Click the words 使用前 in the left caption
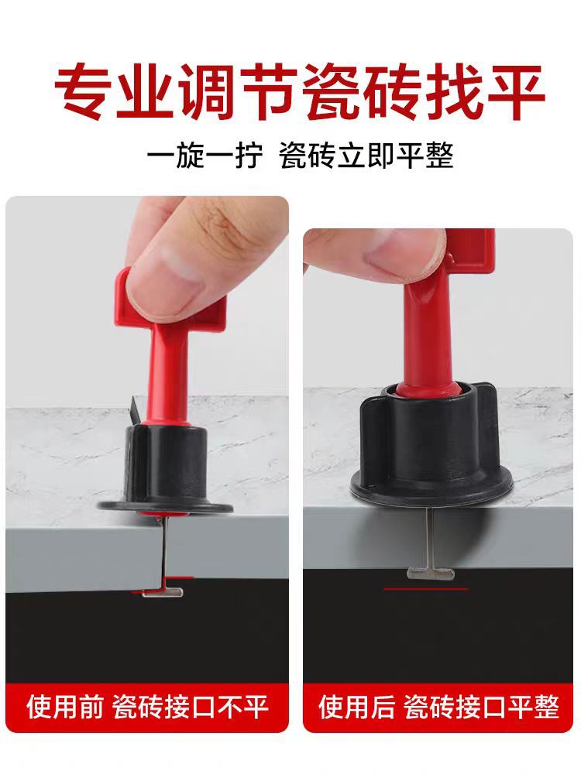(x=64, y=706)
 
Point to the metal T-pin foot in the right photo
(x=426, y=574)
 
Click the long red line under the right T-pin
(x=426, y=589)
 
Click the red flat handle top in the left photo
(x=124, y=294)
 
